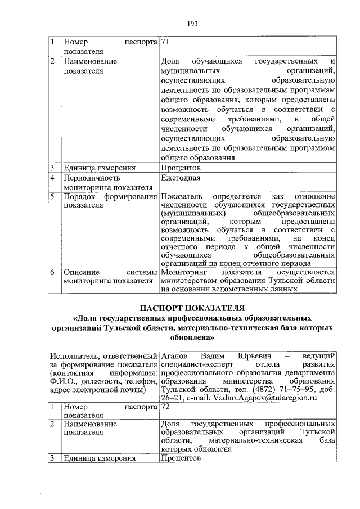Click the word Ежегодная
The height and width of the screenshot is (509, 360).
point(181,179)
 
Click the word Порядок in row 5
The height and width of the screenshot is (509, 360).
point(79,197)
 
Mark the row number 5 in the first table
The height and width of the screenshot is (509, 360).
point(51,197)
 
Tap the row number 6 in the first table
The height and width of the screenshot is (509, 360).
point(51,273)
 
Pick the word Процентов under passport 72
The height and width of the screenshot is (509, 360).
point(181,458)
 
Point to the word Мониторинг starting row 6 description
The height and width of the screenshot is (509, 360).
point(184,273)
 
